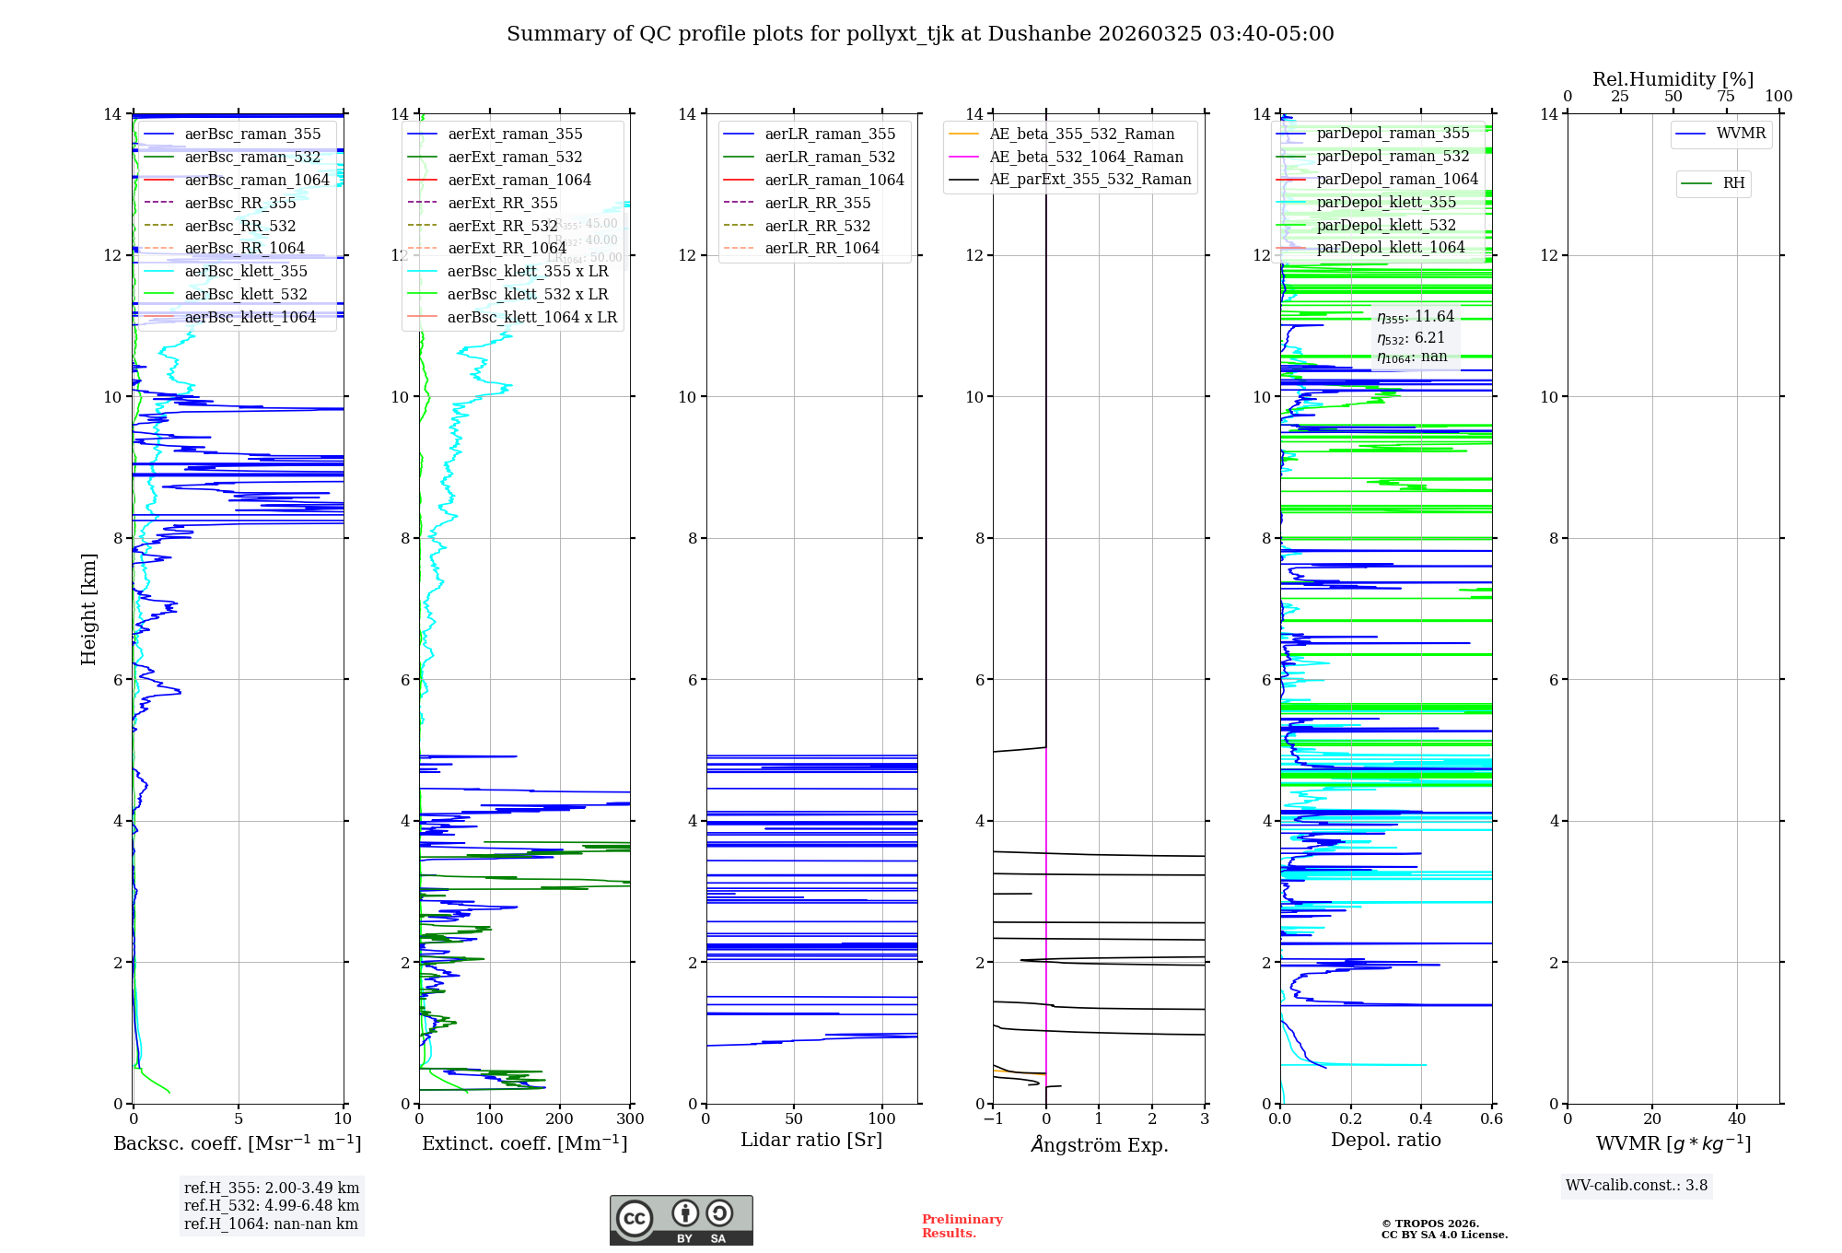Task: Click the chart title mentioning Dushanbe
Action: (x=920, y=34)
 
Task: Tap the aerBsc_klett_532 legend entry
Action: (x=246, y=295)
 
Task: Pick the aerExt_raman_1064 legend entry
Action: (x=519, y=181)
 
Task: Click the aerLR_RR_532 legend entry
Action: (x=817, y=227)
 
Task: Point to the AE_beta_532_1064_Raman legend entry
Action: (x=1086, y=158)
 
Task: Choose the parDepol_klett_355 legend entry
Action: (x=1386, y=203)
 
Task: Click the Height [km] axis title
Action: (x=88, y=609)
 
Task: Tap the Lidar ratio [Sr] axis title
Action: (x=811, y=1141)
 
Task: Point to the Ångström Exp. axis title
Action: (x=1099, y=1145)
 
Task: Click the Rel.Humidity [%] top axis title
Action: (x=1673, y=80)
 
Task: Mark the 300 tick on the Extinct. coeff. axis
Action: (x=631, y=1119)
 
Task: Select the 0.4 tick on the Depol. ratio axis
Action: (x=1421, y=1119)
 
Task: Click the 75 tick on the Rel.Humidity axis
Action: (x=1725, y=97)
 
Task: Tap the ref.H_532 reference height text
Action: (x=272, y=1206)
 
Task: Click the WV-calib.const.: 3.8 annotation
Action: (x=1637, y=1186)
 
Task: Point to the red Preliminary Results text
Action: (x=962, y=1226)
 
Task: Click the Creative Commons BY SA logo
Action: (x=681, y=1221)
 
